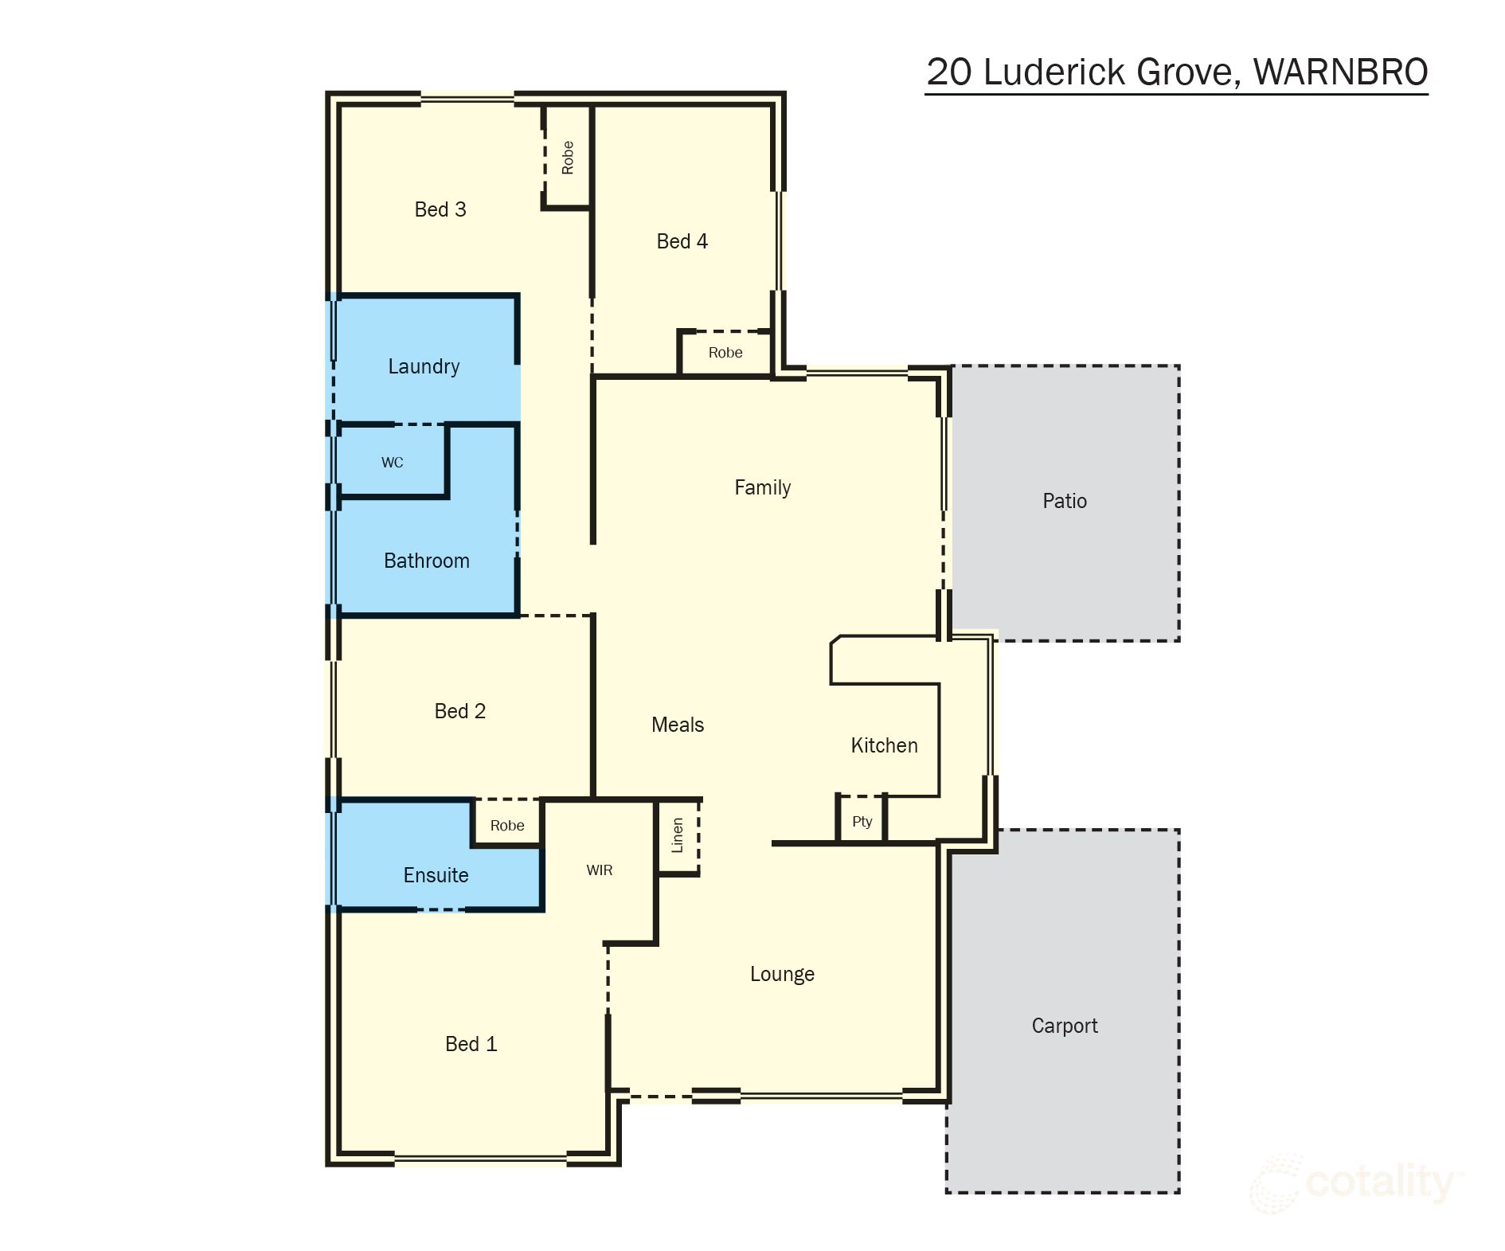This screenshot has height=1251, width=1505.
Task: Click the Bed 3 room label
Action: (x=440, y=209)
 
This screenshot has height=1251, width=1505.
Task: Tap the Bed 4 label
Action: (x=682, y=241)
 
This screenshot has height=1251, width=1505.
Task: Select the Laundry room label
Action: (x=424, y=366)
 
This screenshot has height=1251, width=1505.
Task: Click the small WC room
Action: (x=392, y=463)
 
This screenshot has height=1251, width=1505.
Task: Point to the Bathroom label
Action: (x=426, y=561)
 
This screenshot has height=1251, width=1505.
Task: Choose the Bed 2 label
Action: (x=459, y=711)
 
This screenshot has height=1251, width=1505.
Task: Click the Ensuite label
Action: (x=436, y=875)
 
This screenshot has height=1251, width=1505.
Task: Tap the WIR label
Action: (x=600, y=870)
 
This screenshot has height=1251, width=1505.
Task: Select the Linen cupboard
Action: (x=678, y=835)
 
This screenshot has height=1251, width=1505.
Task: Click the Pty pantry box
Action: (x=862, y=822)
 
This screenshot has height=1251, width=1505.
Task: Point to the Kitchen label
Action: (x=884, y=745)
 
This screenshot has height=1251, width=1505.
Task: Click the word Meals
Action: (x=678, y=725)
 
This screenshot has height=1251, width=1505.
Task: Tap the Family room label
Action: (x=762, y=487)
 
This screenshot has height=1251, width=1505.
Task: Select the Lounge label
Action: (x=782, y=974)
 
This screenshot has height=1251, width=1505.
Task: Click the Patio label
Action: (x=1065, y=501)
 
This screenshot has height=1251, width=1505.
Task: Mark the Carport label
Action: (x=1065, y=1026)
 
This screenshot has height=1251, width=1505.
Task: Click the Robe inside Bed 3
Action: (x=568, y=157)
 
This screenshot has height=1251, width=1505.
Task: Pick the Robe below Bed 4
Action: (x=725, y=353)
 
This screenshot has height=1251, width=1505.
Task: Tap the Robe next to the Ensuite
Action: (x=507, y=826)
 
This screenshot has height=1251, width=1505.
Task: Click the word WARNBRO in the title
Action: (x=1340, y=72)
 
